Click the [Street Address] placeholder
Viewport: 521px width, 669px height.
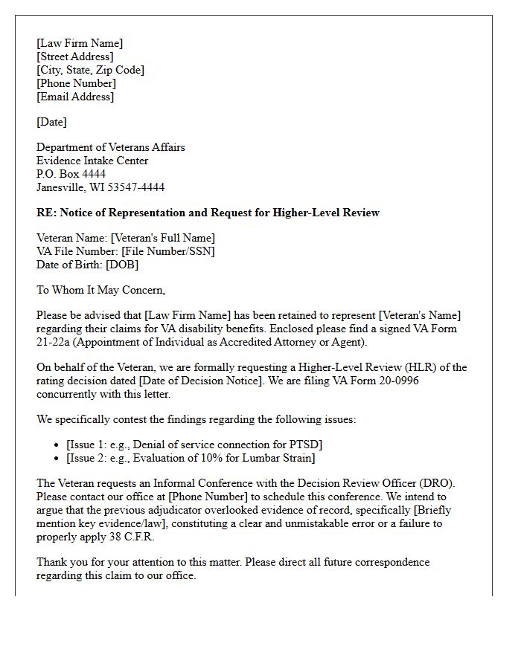click(x=75, y=56)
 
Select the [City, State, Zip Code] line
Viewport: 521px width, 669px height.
click(x=90, y=70)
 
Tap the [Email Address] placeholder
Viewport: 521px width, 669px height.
click(x=75, y=97)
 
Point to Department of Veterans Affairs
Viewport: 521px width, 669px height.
click(x=111, y=147)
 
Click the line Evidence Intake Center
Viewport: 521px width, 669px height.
click(x=92, y=161)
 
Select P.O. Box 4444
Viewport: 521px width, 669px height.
click(x=71, y=174)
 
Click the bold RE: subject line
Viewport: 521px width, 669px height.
click(x=208, y=213)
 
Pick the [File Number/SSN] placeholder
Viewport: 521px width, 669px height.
click(x=168, y=251)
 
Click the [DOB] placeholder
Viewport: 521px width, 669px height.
click(x=122, y=265)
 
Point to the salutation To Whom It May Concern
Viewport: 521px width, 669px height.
click(x=101, y=290)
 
